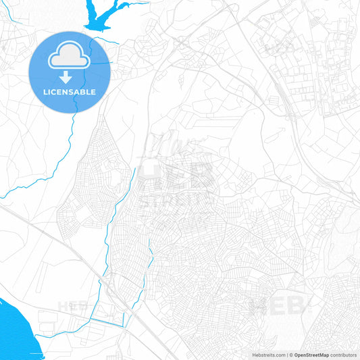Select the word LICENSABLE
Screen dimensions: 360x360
pos(70,92)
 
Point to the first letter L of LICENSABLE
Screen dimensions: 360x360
pos(45,92)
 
